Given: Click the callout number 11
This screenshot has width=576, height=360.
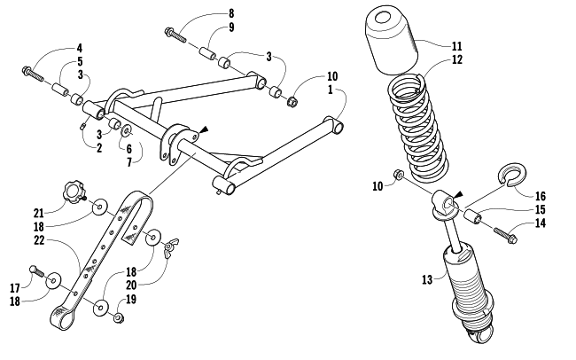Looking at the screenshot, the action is click(456, 46).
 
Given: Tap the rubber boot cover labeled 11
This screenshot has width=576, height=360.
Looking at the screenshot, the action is click(391, 40).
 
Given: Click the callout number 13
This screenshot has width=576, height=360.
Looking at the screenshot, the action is click(427, 280).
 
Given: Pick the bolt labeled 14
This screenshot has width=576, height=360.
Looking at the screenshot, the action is click(506, 235).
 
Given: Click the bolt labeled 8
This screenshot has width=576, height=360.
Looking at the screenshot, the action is click(175, 35).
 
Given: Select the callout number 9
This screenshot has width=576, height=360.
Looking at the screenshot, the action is click(231, 27).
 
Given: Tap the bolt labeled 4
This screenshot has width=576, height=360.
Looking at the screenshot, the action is click(33, 74).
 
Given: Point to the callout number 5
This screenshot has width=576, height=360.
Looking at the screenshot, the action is click(80, 61).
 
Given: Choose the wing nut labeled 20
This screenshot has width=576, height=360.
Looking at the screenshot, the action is click(171, 247).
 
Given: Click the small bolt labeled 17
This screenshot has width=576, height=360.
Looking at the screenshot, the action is click(36, 271).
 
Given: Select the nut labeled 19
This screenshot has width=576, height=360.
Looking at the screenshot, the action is click(118, 317).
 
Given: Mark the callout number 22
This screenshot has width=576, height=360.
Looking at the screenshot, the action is click(39, 240).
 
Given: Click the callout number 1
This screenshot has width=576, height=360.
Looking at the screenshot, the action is click(331, 90).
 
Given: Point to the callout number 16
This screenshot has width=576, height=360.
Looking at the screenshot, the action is click(541, 196).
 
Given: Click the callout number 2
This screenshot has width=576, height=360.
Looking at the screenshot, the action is click(99, 148).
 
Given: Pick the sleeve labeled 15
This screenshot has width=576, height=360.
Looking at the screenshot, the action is click(472, 216).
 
